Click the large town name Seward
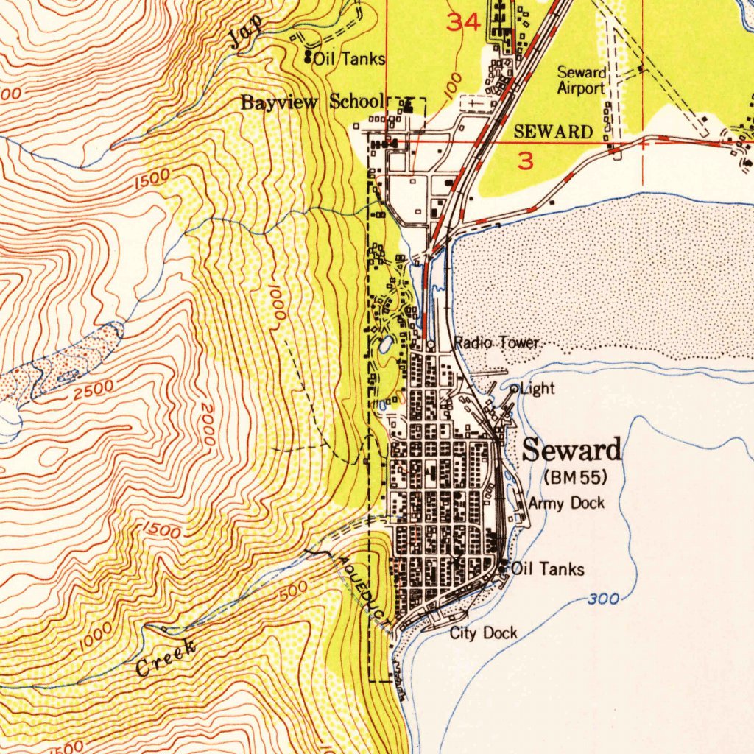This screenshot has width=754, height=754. point(571,450)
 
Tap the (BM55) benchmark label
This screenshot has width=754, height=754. point(574,477)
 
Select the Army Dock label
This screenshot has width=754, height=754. point(566,504)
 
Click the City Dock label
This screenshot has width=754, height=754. point(483,633)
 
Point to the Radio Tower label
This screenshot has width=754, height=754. point(497,343)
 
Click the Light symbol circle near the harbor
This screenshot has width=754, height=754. point(514,388)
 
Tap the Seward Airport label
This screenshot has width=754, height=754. point(581,80)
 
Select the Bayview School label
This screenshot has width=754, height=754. point(313,102)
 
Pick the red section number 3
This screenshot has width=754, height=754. point(525,161)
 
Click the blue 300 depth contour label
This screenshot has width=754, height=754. point(603,599)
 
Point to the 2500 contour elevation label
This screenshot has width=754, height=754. point(94,390)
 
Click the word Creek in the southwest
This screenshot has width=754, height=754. point(166,658)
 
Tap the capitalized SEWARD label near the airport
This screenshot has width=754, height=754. point(553,132)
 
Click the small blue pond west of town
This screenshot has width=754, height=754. point(385,345)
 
